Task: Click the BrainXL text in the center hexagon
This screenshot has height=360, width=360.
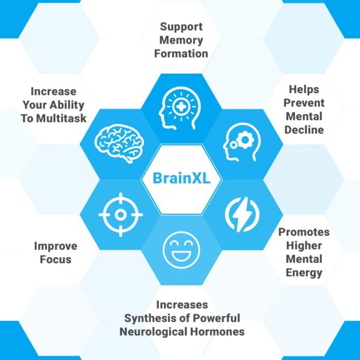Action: (181, 178)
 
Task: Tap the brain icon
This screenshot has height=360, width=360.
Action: (119, 143)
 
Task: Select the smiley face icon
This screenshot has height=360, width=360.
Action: (181, 250)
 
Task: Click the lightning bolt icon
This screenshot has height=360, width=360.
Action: (242, 214)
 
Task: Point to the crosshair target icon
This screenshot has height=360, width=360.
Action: (121, 215)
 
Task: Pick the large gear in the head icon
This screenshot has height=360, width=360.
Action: (245, 139)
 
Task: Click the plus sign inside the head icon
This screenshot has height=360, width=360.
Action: (181, 107)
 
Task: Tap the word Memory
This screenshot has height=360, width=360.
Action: (181, 40)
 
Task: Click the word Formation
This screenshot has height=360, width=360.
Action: (181, 54)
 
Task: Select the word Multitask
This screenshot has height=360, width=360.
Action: (61, 118)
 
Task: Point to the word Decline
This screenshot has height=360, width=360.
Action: (304, 130)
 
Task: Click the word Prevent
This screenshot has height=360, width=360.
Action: (304, 103)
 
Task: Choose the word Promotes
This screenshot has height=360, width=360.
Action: (304, 232)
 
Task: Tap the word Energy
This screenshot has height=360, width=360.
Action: (304, 273)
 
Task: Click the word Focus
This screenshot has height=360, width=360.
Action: (56, 259)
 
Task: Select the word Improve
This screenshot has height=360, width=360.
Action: (56, 246)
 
